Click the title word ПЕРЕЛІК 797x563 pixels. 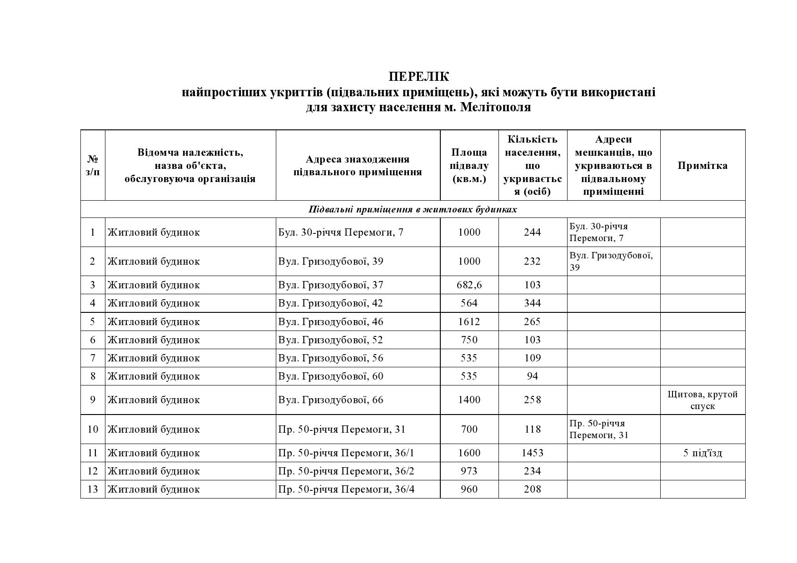coord(418,76)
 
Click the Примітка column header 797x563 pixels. coord(702,165)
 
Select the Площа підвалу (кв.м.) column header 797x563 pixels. coord(469,165)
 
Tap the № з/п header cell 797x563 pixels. coord(93,165)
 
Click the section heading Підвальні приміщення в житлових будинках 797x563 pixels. coord(413,209)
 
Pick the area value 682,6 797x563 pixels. coord(469,285)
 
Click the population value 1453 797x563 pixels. coord(532,453)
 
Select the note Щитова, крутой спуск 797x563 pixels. coord(702,400)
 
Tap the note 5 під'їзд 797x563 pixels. coord(702,453)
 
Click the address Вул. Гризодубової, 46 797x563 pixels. coord(331,322)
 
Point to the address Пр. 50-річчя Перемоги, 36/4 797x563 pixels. coord(346,489)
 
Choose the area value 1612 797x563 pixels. coord(469,322)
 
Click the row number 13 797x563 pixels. coord(93,489)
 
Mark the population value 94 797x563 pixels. coord(532,376)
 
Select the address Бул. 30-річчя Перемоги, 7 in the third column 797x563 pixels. coord(341,232)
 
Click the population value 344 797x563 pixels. coord(532,303)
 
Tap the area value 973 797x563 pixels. coord(469,471)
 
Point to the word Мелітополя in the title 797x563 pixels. coord(496,108)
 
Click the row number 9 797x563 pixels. coord(93,400)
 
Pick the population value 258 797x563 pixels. coord(532,400)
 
